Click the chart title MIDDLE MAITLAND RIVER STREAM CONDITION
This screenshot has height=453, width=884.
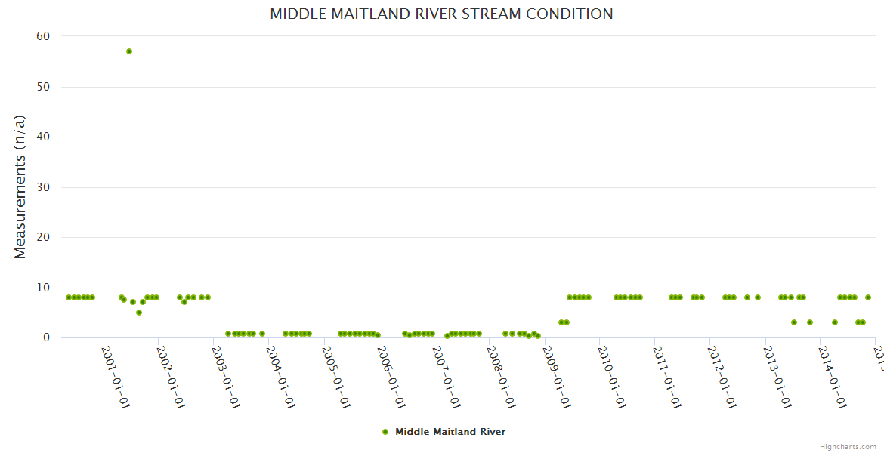[441, 14]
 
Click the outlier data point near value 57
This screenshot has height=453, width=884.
[129, 51]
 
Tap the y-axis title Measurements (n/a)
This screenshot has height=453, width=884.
[20, 186]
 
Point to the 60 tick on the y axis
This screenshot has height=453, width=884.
[43, 36]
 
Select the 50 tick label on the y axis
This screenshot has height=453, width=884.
[43, 87]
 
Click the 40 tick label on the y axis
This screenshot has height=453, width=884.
[43, 137]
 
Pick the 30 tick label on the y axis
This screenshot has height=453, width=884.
[43, 187]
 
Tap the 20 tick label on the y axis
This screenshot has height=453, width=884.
[43, 237]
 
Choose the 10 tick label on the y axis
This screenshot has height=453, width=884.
[43, 288]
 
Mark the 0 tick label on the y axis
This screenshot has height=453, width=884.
[46, 337]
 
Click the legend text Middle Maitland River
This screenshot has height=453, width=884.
[450, 432]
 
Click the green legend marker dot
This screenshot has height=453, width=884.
[385, 432]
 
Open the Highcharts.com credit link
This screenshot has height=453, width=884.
[848, 447]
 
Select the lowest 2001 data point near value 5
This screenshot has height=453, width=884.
[139, 313]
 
